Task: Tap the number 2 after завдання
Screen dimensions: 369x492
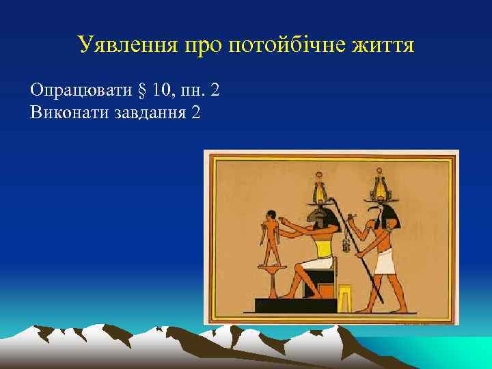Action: click(197, 111)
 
